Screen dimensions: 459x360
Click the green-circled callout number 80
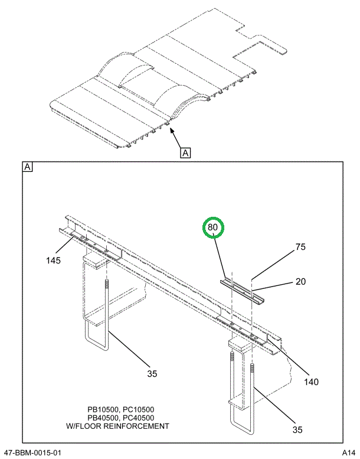tap(213, 227)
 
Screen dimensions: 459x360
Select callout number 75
tap(300, 248)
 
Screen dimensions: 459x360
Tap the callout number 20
tap(300, 282)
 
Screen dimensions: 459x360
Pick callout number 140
tap(310, 382)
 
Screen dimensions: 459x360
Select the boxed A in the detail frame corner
tap(27, 168)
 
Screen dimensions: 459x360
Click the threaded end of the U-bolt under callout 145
tap(107, 289)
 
